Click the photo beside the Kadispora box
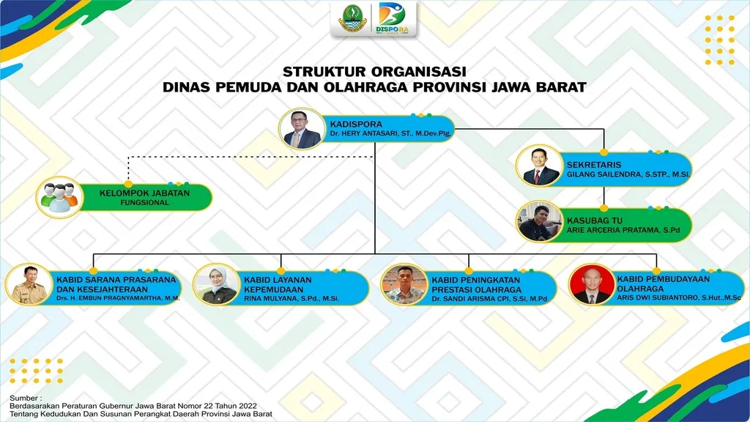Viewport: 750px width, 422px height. point(302,129)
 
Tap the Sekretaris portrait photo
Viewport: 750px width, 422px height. point(539,166)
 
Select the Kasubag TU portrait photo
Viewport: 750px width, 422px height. point(539,221)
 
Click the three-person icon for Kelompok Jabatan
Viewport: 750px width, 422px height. point(59,197)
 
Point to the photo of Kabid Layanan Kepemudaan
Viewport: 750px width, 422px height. point(217,284)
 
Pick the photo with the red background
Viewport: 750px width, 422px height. point(592,284)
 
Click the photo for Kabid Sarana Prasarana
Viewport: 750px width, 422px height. point(29,284)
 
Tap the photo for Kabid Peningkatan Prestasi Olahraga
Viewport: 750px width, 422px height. point(404,284)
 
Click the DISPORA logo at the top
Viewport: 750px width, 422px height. point(393,18)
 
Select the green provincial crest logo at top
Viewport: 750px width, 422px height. point(353,18)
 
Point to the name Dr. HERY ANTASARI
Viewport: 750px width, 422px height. point(365,133)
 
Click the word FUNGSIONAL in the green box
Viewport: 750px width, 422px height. point(144,202)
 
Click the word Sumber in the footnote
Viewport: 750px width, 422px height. point(23,398)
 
